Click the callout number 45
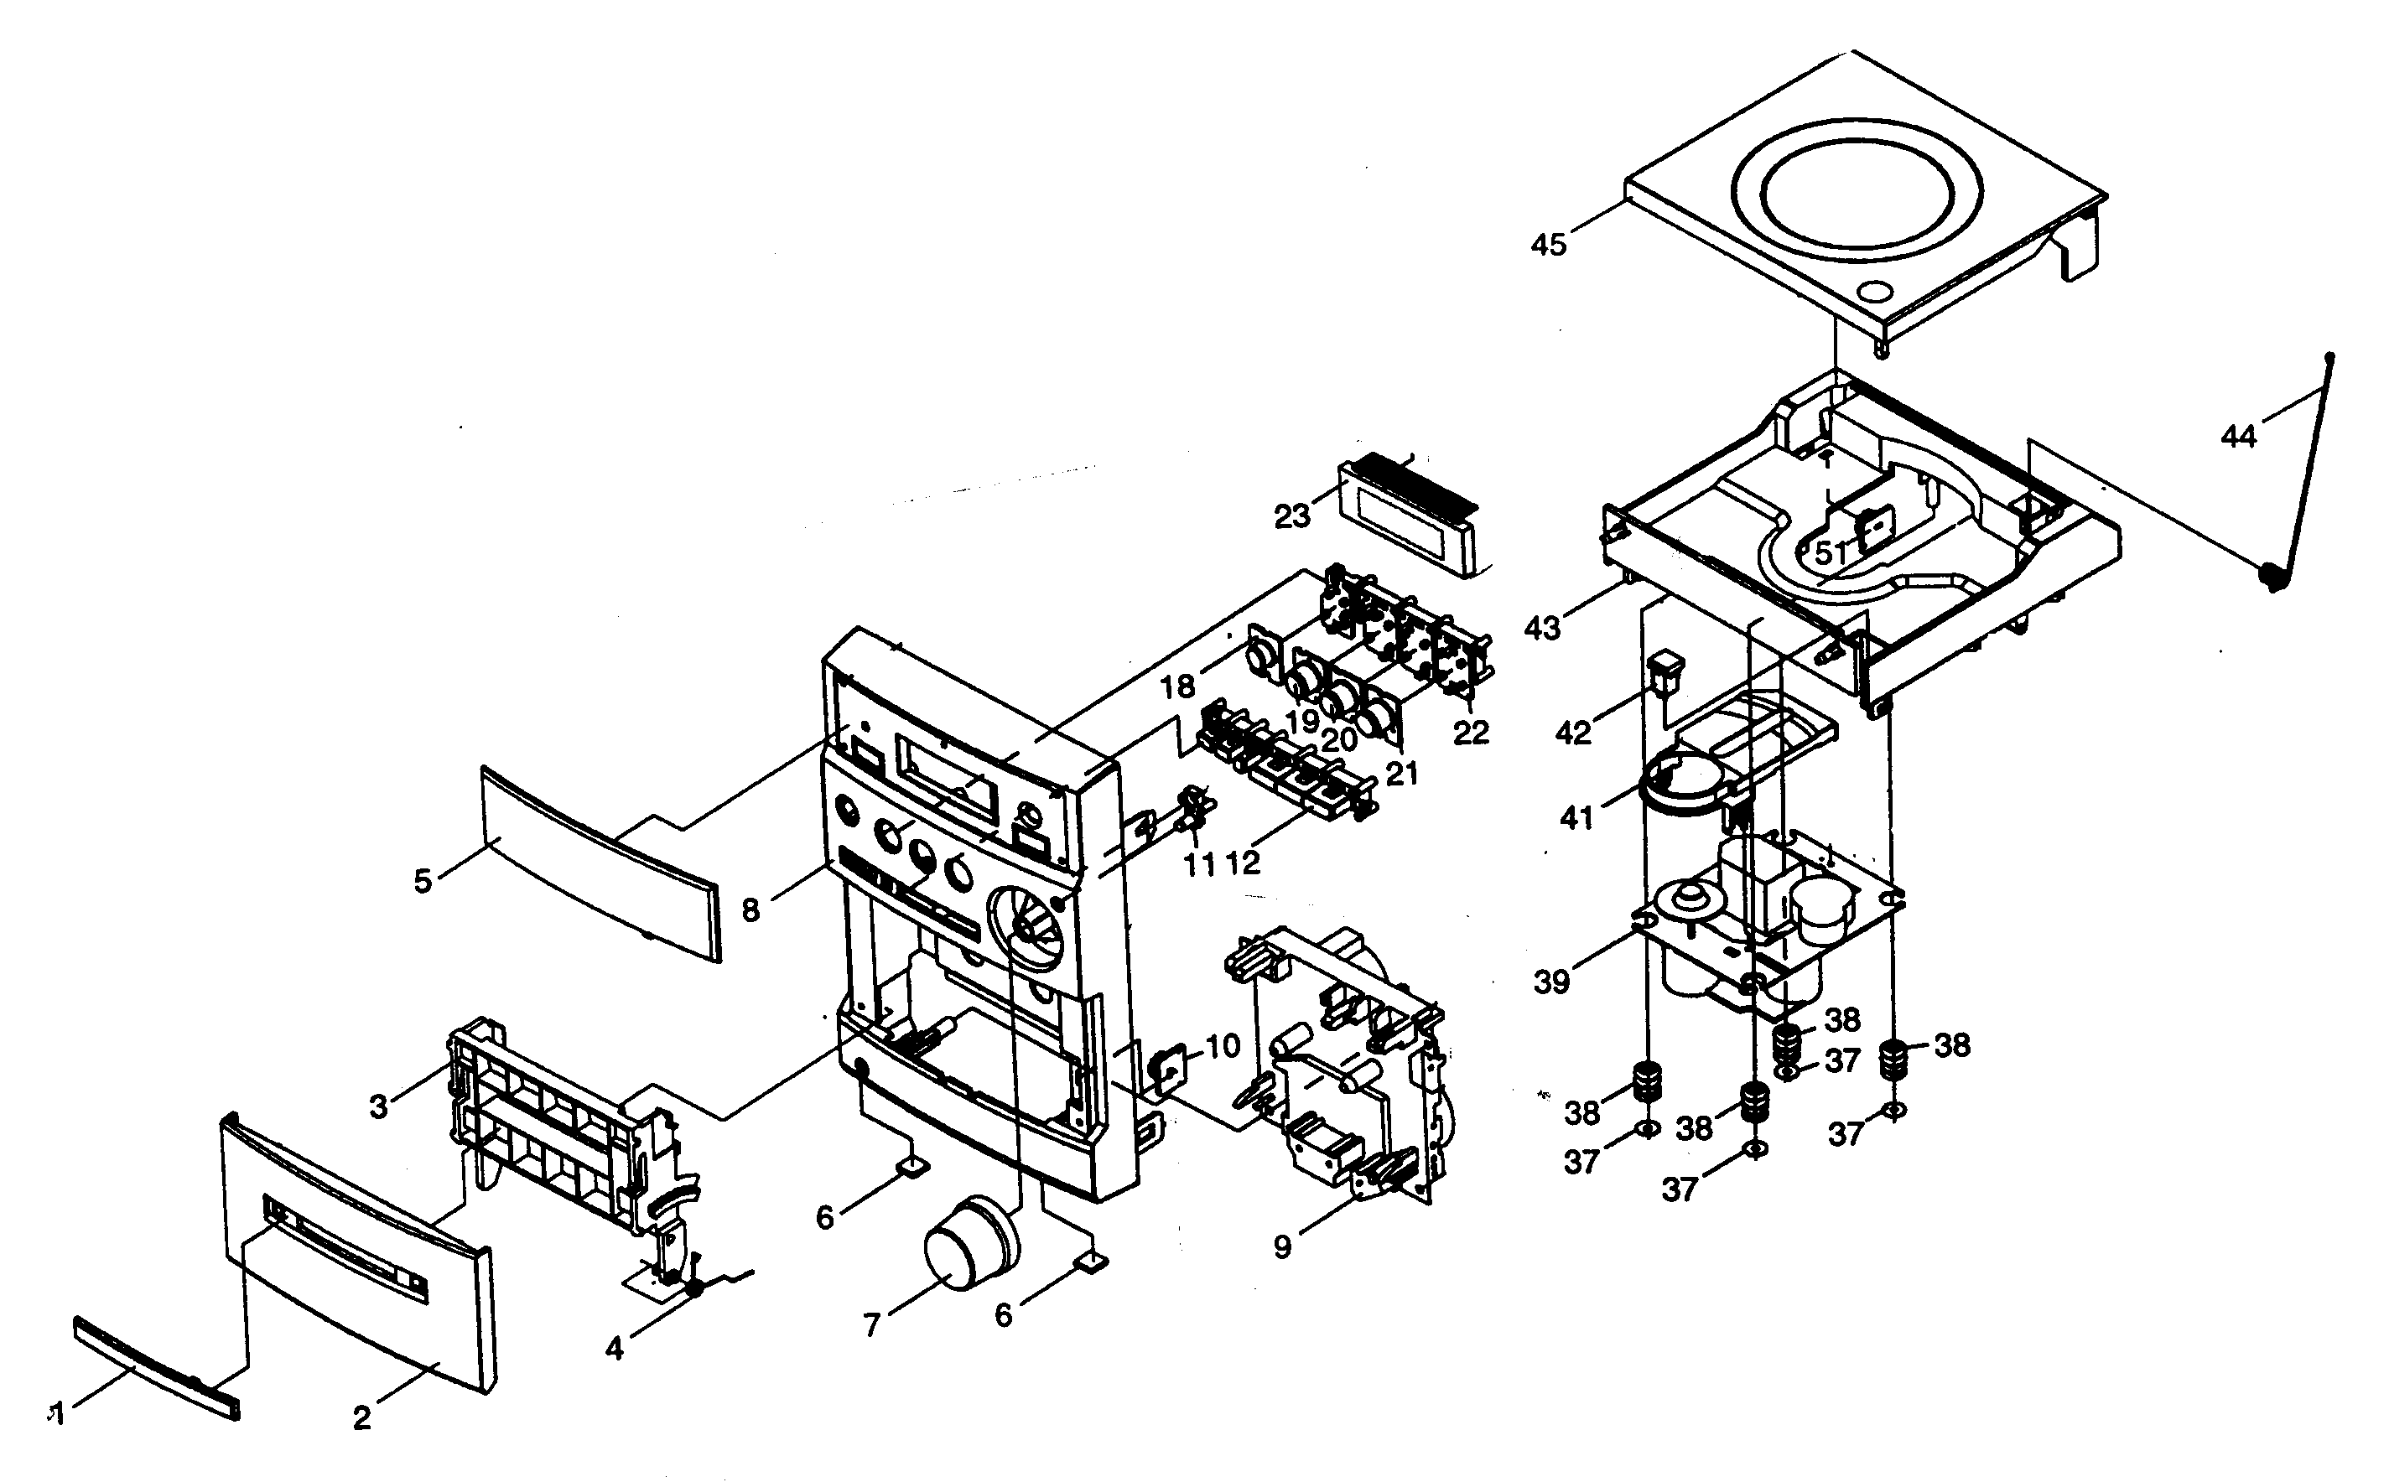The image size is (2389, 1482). coord(1549,244)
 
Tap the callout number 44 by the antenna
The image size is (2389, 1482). coord(2238,436)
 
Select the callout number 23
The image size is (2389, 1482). coord(1292,516)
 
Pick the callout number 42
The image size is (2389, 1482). coord(1573,731)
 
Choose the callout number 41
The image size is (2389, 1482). coord(1576,816)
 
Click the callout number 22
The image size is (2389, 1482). coord(1471,731)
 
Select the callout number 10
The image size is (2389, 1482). coord(1223,1046)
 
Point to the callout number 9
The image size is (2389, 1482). coord(1282,1246)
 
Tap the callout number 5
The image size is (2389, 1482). coord(423,881)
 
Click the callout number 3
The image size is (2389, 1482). coord(378,1106)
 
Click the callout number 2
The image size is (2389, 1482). coord(361,1417)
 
